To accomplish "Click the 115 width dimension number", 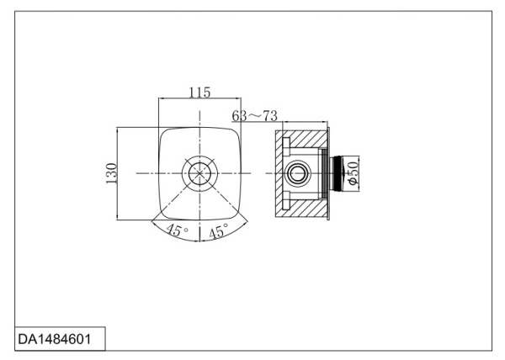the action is click(x=199, y=93).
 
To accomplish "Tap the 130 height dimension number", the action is click(x=111, y=174).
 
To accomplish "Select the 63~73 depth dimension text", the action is click(x=254, y=116).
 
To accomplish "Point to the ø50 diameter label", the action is click(x=353, y=173).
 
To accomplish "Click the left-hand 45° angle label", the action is click(x=177, y=230).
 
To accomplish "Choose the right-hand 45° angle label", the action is click(x=219, y=230).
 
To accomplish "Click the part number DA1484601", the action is click(x=55, y=339).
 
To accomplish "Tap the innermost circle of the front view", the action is click(x=199, y=173).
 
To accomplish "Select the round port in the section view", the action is click(x=299, y=173).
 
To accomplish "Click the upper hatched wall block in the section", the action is click(x=309, y=138).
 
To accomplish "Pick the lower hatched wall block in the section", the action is click(x=307, y=209).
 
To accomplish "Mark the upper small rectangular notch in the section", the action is click(x=286, y=142).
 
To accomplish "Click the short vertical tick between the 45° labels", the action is click(x=199, y=235).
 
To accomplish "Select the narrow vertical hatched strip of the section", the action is click(x=279, y=174).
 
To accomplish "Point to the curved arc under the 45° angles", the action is click(x=199, y=241).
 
